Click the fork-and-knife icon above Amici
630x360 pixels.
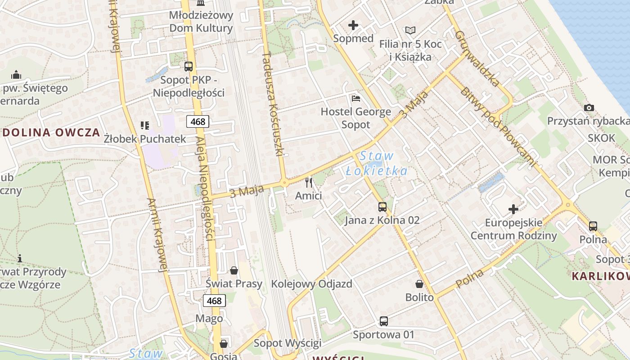[x=309, y=182]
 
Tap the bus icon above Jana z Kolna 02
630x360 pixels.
[x=382, y=207]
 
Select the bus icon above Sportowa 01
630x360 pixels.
[x=383, y=321]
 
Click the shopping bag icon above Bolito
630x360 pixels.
[x=419, y=284]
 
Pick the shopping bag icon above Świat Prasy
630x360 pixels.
[x=234, y=270]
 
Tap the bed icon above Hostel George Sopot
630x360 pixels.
[x=355, y=98]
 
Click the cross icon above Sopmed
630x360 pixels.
[x=353, y=25]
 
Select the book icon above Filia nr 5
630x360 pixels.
[x=410, y=31]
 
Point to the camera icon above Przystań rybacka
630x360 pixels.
[x=589, y=108]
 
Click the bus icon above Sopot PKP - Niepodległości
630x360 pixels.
[x=189, y=67]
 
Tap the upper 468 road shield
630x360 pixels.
[x=198, y=121]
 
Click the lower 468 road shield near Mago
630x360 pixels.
[x=214, y=300]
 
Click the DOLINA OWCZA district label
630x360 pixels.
[x=50, y=132]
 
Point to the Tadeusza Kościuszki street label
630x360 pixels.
[x=273, y=104]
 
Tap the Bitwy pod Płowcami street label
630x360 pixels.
[x=499, y=127]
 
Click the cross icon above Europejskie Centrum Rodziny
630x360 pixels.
[x=513, y=209]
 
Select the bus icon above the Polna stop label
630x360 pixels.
[x=593, y=226]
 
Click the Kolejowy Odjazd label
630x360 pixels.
[x=311, y=284]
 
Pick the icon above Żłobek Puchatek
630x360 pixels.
[x=144, y=125]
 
